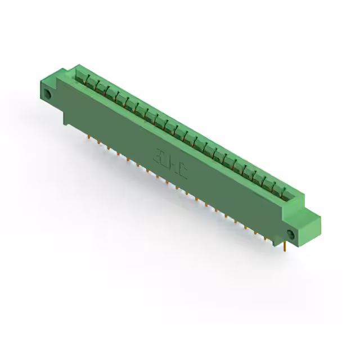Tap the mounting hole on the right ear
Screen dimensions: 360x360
(291, 234)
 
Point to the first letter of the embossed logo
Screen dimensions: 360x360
(160, 155)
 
